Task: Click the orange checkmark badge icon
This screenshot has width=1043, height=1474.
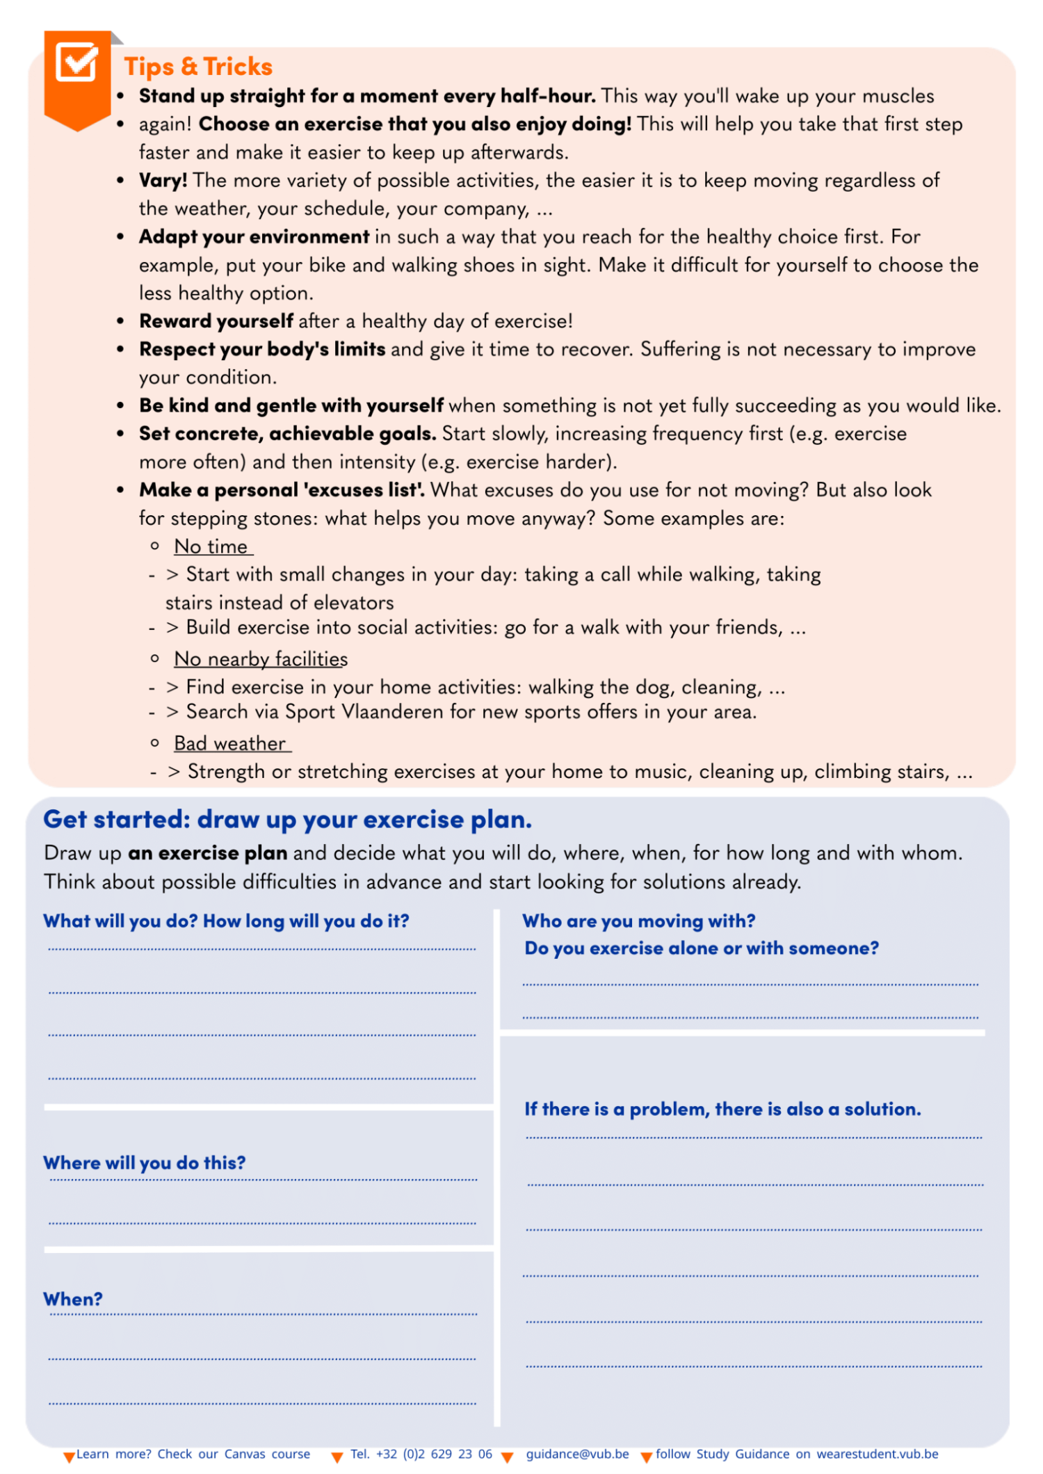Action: pyautogui.click(x=76, y=64)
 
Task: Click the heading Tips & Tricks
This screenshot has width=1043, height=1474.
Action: pyautogui.click(x=198, y=67)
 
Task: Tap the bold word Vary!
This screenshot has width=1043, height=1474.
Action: pyautogui.click(x=163, y=181)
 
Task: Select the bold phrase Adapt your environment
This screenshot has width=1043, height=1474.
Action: pyautogui.click(x=254, y=237)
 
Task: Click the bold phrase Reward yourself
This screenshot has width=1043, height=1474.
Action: pyautogui.click(x=216, y=321)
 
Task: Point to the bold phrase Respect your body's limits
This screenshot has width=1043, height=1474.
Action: pyautogui.click(x=262, y=349)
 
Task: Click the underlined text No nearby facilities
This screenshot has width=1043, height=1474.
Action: pyautogui.click(x=261, y=659)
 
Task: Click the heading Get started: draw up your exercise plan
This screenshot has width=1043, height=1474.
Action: pyautogui.click(x=287, y=820)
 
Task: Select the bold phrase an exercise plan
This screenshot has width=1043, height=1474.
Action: pyautogui.click(x=207, y=853)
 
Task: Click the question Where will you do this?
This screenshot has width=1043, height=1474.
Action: pyautogui.click(x=145, y=1163)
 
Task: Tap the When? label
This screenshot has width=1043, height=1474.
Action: pyautogui.click(x=73, y=1299)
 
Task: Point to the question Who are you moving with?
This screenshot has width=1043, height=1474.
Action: pyautogui.click(x=638, y=921)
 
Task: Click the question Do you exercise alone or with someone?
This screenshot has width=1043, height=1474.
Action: pyautogui.click(x=701, y=948)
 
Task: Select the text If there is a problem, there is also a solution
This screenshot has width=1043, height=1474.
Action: pyautogui.click(x=722, y=1109)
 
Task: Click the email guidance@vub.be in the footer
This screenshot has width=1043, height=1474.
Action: pyautogui.click(x=577, y=1454)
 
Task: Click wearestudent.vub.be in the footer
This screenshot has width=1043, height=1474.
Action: pyautogui.click(x=878, y=1454)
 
